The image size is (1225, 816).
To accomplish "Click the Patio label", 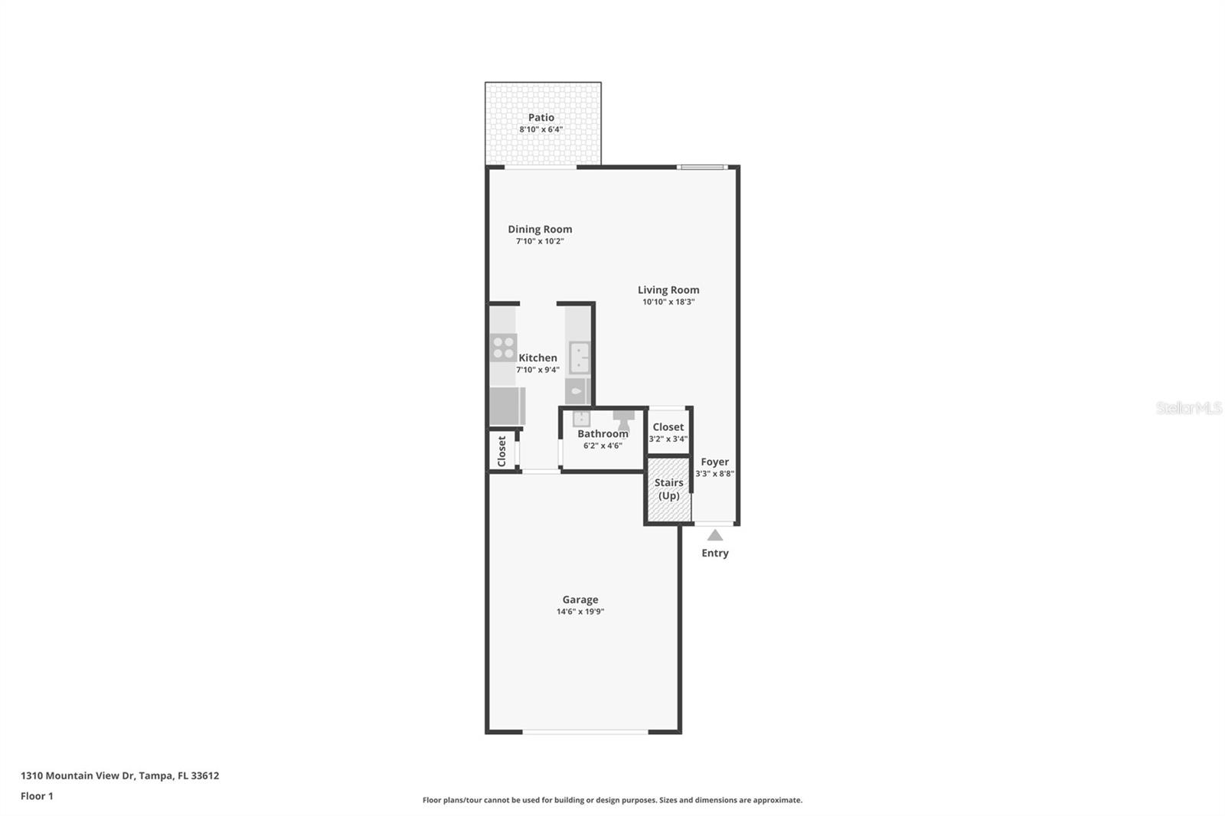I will pos(541,117).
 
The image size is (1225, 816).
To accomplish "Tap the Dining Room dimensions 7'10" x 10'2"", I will pos(540,241).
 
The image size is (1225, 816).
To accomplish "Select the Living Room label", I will pos(668,289).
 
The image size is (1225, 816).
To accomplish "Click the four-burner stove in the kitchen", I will pos(503,348).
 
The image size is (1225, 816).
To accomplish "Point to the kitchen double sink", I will pos(580,357).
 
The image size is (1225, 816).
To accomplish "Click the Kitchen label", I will pos(537,357).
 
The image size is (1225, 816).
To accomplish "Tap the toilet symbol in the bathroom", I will pos(623,419).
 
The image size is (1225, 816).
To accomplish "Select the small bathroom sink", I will pos(581,418).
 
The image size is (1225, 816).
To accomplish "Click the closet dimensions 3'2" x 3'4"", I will pos(668,439).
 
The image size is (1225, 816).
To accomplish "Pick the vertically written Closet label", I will pos(501,451).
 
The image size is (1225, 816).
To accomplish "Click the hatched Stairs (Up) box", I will pos(668,490).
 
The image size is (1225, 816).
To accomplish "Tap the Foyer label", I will pos(714,462).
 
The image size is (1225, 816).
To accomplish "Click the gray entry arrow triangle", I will pos(714,535).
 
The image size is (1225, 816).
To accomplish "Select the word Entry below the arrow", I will pos(715,553).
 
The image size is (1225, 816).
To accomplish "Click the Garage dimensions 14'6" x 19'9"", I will pos(580,612).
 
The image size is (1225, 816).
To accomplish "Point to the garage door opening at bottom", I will pos(586,733).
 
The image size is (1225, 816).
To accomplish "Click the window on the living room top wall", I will pos(701,167).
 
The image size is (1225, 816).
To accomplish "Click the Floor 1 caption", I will pos(37,796).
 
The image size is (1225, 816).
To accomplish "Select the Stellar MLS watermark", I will pos(1188,408).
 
